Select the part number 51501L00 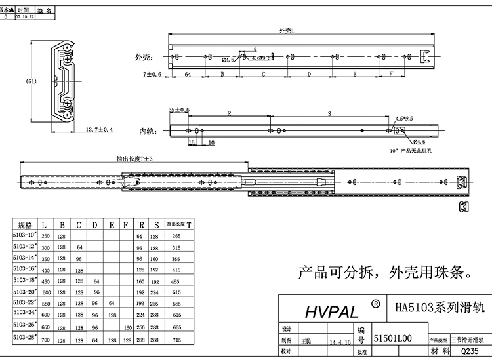[392, 338]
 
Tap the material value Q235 [470, 351]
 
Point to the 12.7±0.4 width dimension [99, 130]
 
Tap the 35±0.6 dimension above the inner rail [178, 110]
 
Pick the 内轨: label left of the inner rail [147, 131]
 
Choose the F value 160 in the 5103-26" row [128, 328]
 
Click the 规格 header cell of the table [25, 225]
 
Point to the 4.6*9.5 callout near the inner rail [403, 119]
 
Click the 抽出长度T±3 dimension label [134, 159]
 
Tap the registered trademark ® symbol [375, 304]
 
